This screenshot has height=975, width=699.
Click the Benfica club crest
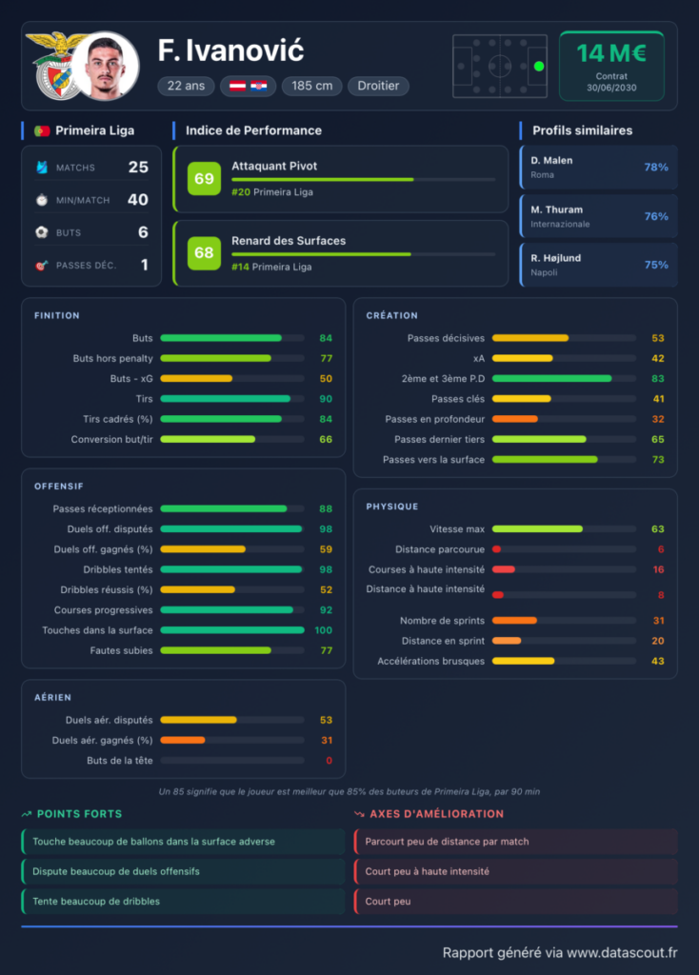(54, 66)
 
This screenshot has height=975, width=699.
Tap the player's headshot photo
(106, 66)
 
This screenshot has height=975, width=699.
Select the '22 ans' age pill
(186, 86)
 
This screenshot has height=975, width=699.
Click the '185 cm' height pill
(311, 86)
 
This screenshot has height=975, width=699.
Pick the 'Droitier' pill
(378, 86)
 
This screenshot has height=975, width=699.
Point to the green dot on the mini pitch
(539, 66)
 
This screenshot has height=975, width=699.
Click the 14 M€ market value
(611, 53)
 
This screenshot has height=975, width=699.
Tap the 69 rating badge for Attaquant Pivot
(204, 178)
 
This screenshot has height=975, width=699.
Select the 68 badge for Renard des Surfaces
(204, 253)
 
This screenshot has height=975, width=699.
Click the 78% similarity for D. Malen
(656, 168)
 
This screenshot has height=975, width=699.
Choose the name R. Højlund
(555, 258)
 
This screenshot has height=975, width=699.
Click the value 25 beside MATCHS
(138, 168)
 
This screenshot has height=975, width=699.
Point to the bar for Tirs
(226, 399)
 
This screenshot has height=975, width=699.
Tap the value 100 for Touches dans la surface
(324, 630)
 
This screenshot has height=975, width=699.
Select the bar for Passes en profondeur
(515, 419)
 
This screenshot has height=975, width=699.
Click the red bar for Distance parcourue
(497, 549)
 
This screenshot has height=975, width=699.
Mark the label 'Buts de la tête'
(119, 761)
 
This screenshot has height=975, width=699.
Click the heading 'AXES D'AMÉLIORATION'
(436, 814)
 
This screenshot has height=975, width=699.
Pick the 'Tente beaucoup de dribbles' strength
(96, 901)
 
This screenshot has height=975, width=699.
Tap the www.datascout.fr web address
(622, 952)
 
